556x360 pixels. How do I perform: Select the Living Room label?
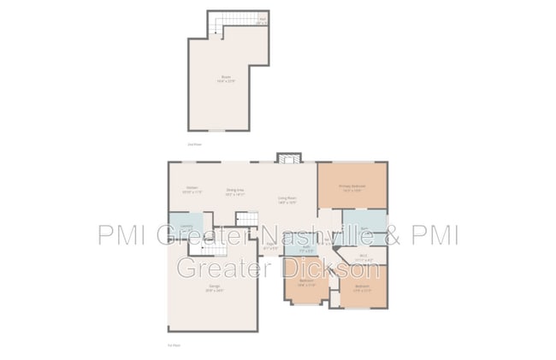tap(287, 200)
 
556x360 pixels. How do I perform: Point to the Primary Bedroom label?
tap(352, 187)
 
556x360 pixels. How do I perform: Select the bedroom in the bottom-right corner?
tap(363, 287)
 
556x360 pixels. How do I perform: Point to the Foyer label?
tap(270, 245)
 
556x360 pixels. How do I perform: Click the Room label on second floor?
tap(227, 80)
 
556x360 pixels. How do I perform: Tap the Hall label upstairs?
tap(262, 20)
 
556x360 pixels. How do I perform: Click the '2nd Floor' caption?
tap(194, 145)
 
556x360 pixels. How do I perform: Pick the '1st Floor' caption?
tap(174, 345)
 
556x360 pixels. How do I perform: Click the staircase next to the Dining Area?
tap(246, 219)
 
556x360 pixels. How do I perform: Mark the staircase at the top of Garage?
tap(208, 247)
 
